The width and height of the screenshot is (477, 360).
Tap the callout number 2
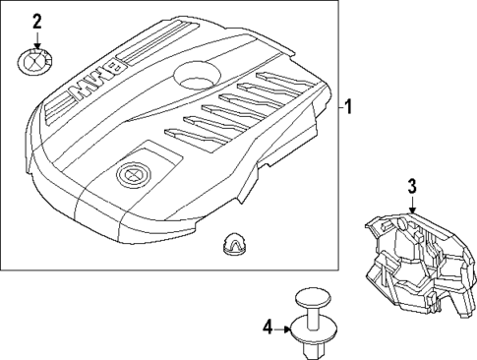pyautogui.click(x=36, y=21)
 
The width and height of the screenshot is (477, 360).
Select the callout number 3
pyautogui.click(x=412, y=186)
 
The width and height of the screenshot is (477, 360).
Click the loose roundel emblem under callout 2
pyautogui.click(x=36, y=62)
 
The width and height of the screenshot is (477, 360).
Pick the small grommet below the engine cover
pyautogui.click(x=233, y=242)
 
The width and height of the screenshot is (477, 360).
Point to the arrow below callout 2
pyautogui.click(x=36, y=40)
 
